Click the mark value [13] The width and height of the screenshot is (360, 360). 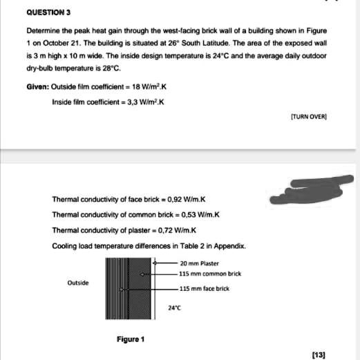pos(319,353)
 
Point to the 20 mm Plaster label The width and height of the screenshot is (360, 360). pos(199,263)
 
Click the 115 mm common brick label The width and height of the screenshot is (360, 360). pos(210,274)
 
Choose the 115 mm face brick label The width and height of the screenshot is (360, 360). pos(205,288)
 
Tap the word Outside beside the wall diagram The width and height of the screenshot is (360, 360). pos(77,283)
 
